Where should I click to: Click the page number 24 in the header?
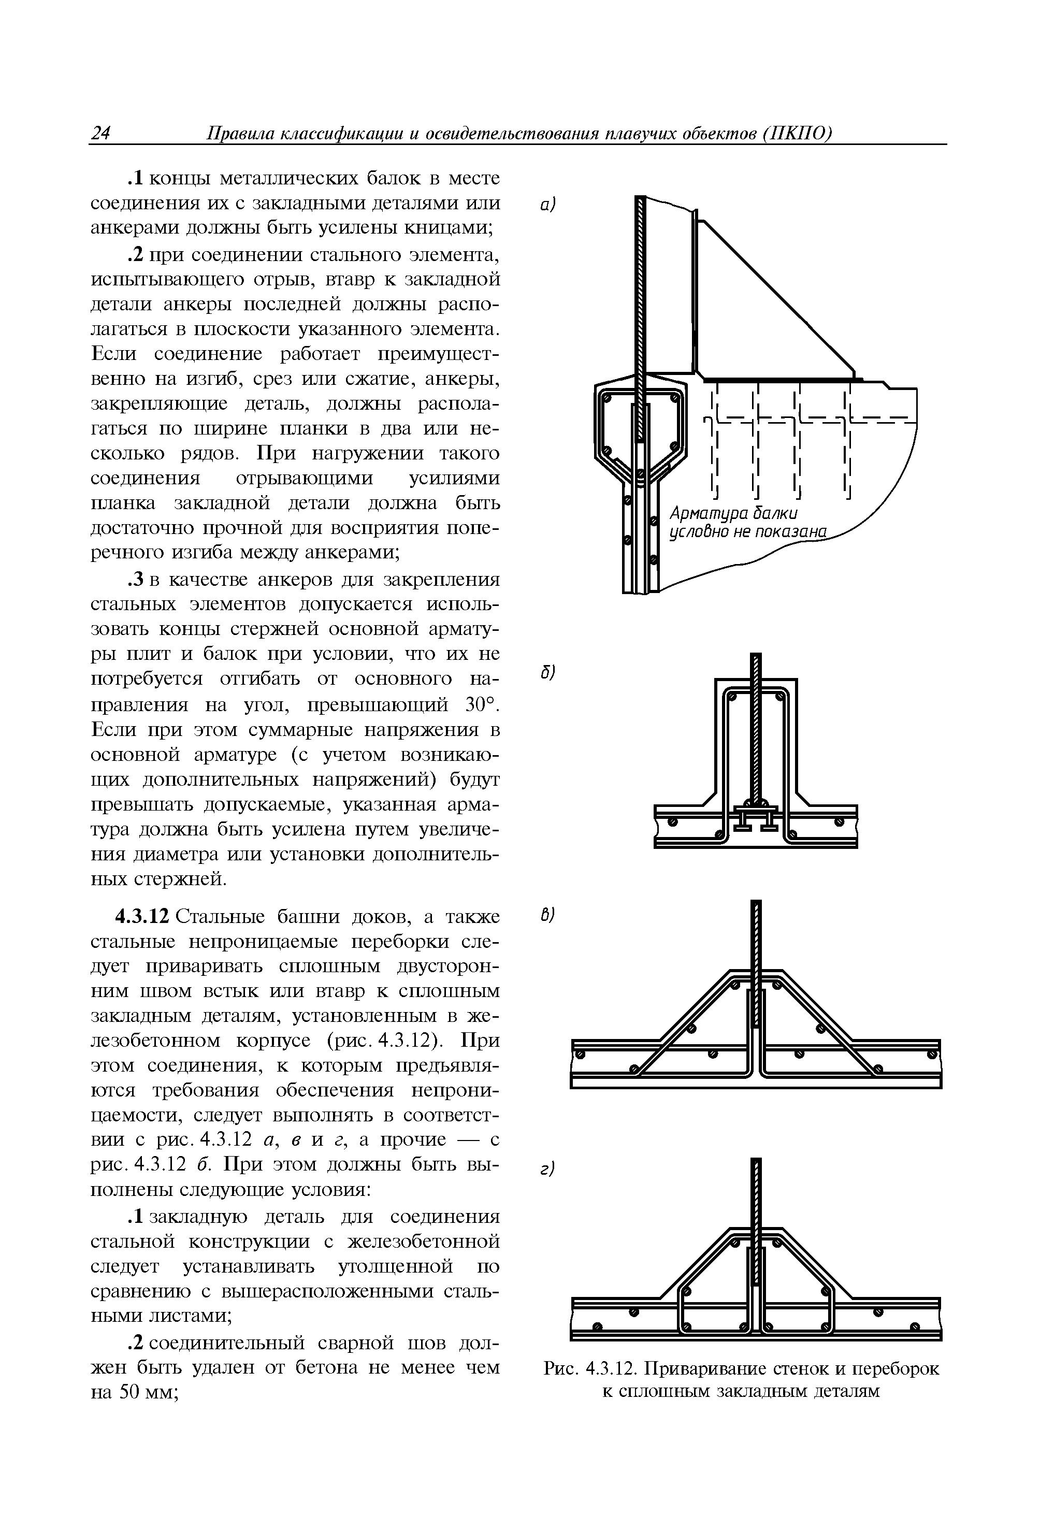click(100, 134)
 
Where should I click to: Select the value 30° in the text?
click(479, 705)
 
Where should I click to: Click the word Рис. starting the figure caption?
click(561, 1369)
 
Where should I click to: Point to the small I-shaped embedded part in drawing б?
click(756, 818)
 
